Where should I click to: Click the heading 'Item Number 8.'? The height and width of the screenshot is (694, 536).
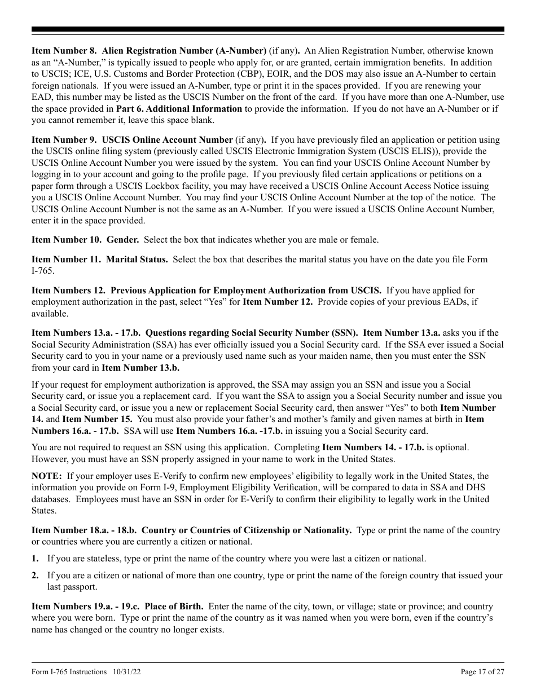pyautogui.click(x=64, y=51)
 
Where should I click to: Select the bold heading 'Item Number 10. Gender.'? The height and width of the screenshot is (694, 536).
pyautogui.click(x=85, y=240)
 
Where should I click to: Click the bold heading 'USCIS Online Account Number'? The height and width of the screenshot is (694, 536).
pyautogui.click(x=167, y=140)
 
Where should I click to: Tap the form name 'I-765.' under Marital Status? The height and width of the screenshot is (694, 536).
pyautogui.click(x=43, y=271)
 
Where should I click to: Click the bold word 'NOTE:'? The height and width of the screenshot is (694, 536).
pyautogui.click(x=46, y=476)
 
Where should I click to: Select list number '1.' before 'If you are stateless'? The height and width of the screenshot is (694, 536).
pyautogui.click(x=35, y=559)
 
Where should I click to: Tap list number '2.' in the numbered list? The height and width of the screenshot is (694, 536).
pyautogui.click(x=35, y=576)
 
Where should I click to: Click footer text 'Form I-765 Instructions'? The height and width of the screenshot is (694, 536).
pyautogui.click(x=69, y=672)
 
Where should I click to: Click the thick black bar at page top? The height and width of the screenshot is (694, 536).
pyautogui.click(x=268, y=29)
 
